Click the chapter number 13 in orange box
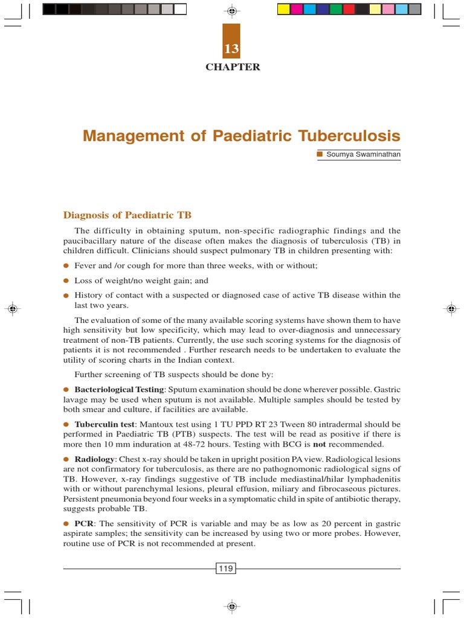(232, 49)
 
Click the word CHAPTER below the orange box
(233, 67)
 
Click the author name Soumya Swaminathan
(363, 154)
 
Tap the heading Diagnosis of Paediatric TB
(127, 215)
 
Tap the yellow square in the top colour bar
(283, 9)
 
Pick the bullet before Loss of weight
(66, 281)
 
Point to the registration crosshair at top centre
(232, 10)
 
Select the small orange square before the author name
(320, 154)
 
